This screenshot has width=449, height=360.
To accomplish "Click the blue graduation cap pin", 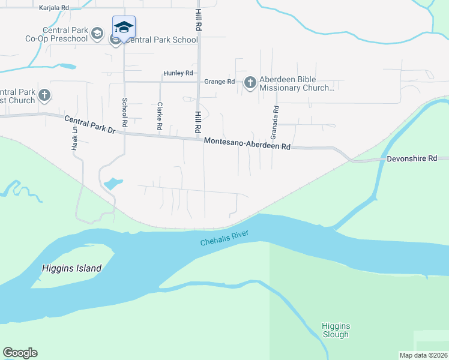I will tap(124, 28).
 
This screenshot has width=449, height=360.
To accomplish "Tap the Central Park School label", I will tap(163, 40).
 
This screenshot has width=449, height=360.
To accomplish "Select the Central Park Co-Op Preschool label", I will tap(65, 35).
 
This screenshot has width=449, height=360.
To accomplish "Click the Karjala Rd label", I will tap(54, 8).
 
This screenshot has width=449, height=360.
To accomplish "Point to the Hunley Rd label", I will tap(177, 73).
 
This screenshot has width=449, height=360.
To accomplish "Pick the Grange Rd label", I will tap(219, 82).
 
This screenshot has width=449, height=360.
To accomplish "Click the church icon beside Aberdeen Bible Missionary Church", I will tap(250, 82).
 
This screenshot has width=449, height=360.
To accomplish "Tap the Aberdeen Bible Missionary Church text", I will tap(297, 84).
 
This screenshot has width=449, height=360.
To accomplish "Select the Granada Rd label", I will tap(276, 119).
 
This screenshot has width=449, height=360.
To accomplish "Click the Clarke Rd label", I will tap(160, 116).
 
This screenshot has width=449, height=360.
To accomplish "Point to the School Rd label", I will tap(125, 112).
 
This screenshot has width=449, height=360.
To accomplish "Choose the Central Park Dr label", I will tap(89, 125).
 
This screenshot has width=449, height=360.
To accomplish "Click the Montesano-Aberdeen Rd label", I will tap(247, 143).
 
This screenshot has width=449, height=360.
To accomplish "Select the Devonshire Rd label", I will tap(412, 158).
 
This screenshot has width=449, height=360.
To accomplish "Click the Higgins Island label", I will tap(71, 268).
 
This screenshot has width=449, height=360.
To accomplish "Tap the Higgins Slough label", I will tap(336, 331).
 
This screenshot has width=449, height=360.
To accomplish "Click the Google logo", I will tap(20, 353).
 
